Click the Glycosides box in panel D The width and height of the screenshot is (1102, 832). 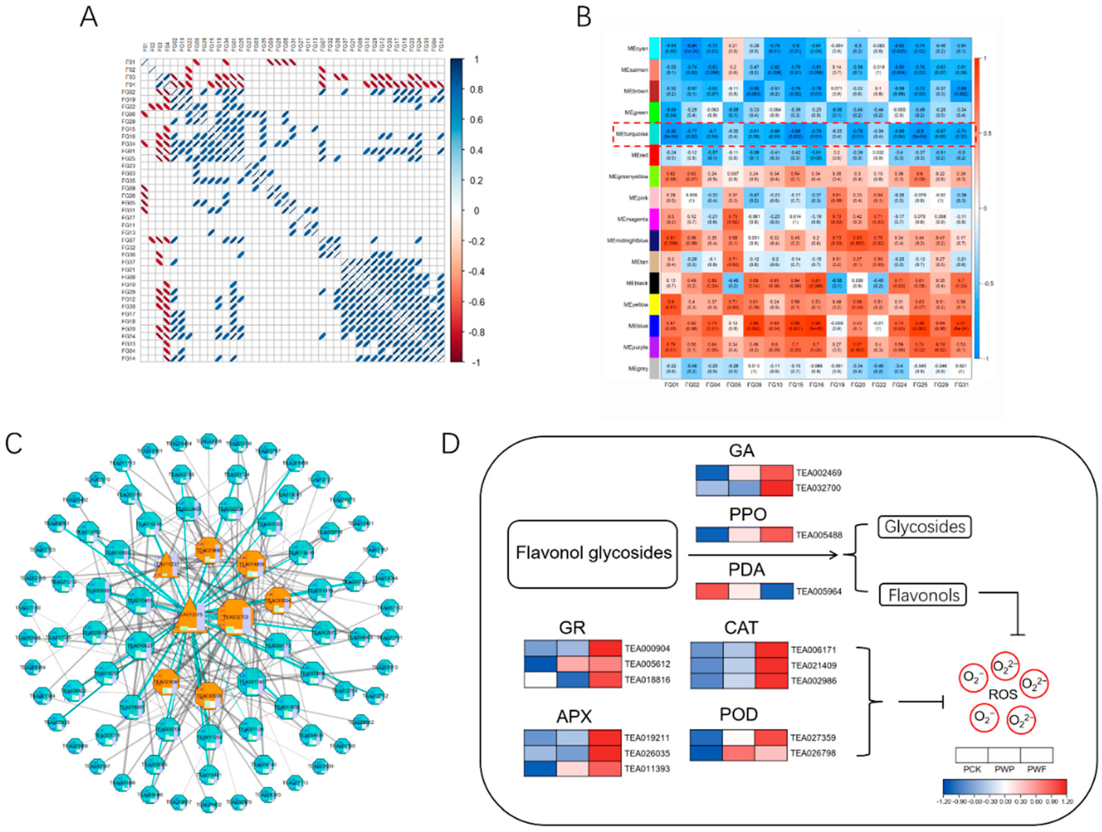[x=925, y=527]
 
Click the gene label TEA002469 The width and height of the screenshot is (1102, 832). [x=819, y=473]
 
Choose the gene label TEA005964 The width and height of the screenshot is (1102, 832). [x=819, y=591]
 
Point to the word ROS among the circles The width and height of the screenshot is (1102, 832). [x=1002, y=694]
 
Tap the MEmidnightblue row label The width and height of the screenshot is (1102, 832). [x=627, y=241]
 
